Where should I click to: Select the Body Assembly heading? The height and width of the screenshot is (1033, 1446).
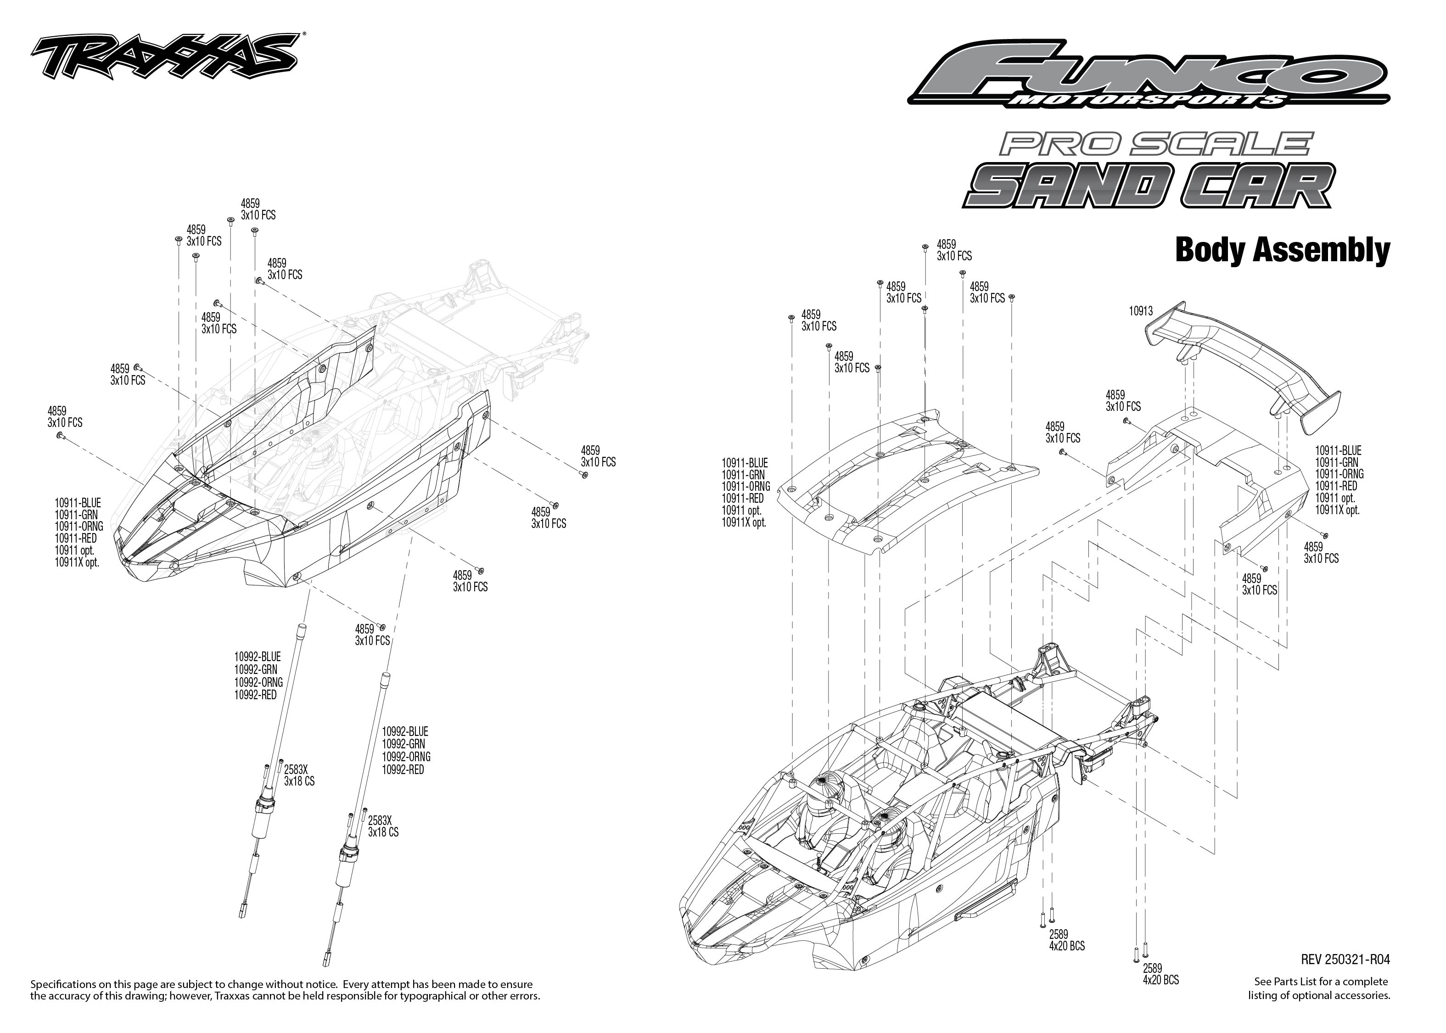[1281, 250]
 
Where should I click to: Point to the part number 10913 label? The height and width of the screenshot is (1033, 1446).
[1140, 312]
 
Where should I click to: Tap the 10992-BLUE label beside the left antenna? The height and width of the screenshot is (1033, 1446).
[257, 657]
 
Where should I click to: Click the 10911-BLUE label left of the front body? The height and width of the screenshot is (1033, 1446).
[78, 503]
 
